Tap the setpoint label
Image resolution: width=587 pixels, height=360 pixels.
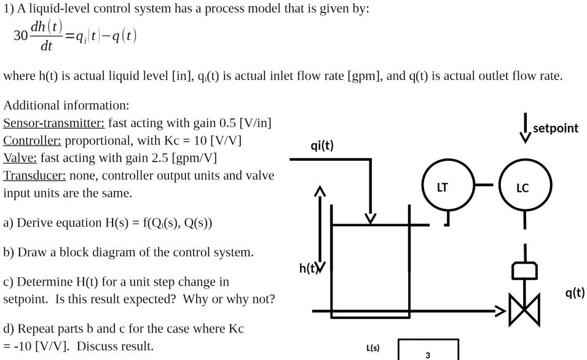(x=555, y=128)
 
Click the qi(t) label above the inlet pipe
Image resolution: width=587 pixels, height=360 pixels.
(x=322, y=145)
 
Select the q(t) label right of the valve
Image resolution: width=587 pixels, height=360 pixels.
(x=575, y=292)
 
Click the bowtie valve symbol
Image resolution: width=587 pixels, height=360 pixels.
(x=524, y=309)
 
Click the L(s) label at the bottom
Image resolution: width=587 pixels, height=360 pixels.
(x=372, y=348)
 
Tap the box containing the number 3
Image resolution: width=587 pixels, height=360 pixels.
(x=428, y=350)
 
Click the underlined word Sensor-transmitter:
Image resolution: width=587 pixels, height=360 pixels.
(x=54, y=122)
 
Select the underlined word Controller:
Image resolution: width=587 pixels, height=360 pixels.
(x=33, y=140)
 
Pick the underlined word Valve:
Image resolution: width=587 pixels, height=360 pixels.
(x=20, y=158)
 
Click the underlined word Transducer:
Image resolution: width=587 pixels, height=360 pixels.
(x=34, y=176)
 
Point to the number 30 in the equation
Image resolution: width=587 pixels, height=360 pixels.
(x=21, y=36)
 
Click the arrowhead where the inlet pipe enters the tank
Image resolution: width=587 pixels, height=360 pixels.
(x=370, y=218)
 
